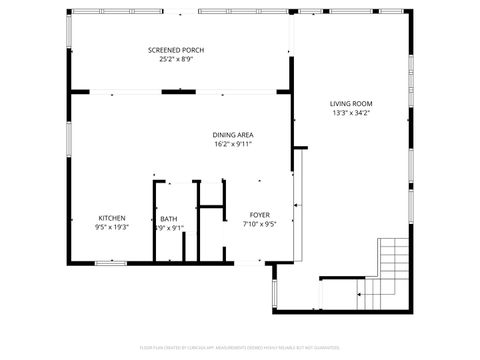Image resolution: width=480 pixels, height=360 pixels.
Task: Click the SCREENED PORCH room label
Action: (169, 50)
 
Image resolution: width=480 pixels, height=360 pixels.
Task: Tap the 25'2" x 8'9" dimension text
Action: (169, 60)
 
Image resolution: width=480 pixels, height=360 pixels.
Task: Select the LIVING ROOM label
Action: (351, 104)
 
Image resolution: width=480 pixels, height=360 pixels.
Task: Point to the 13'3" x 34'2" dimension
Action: (351, 114)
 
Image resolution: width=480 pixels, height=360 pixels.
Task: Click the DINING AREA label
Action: (231, 135)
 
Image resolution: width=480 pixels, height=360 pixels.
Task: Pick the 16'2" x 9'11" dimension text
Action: (231, 145)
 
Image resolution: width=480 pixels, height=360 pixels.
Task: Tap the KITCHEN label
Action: (111, 218)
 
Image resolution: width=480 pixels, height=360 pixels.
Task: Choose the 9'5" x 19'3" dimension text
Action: (111, 228)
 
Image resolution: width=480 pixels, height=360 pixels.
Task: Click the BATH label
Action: (168, 219)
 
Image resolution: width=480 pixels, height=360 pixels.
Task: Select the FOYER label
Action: (259, 215)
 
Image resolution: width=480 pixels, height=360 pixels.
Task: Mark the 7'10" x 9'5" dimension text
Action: (259, 225)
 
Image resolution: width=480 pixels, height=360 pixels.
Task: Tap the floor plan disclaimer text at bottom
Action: (240, 347)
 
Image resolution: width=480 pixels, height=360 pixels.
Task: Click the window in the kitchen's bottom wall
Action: (110, 263)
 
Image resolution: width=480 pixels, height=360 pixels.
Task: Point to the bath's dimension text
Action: (169, 228)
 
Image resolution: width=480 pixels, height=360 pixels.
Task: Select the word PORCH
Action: (184, 50)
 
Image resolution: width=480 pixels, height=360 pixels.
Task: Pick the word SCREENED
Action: (161, 50)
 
